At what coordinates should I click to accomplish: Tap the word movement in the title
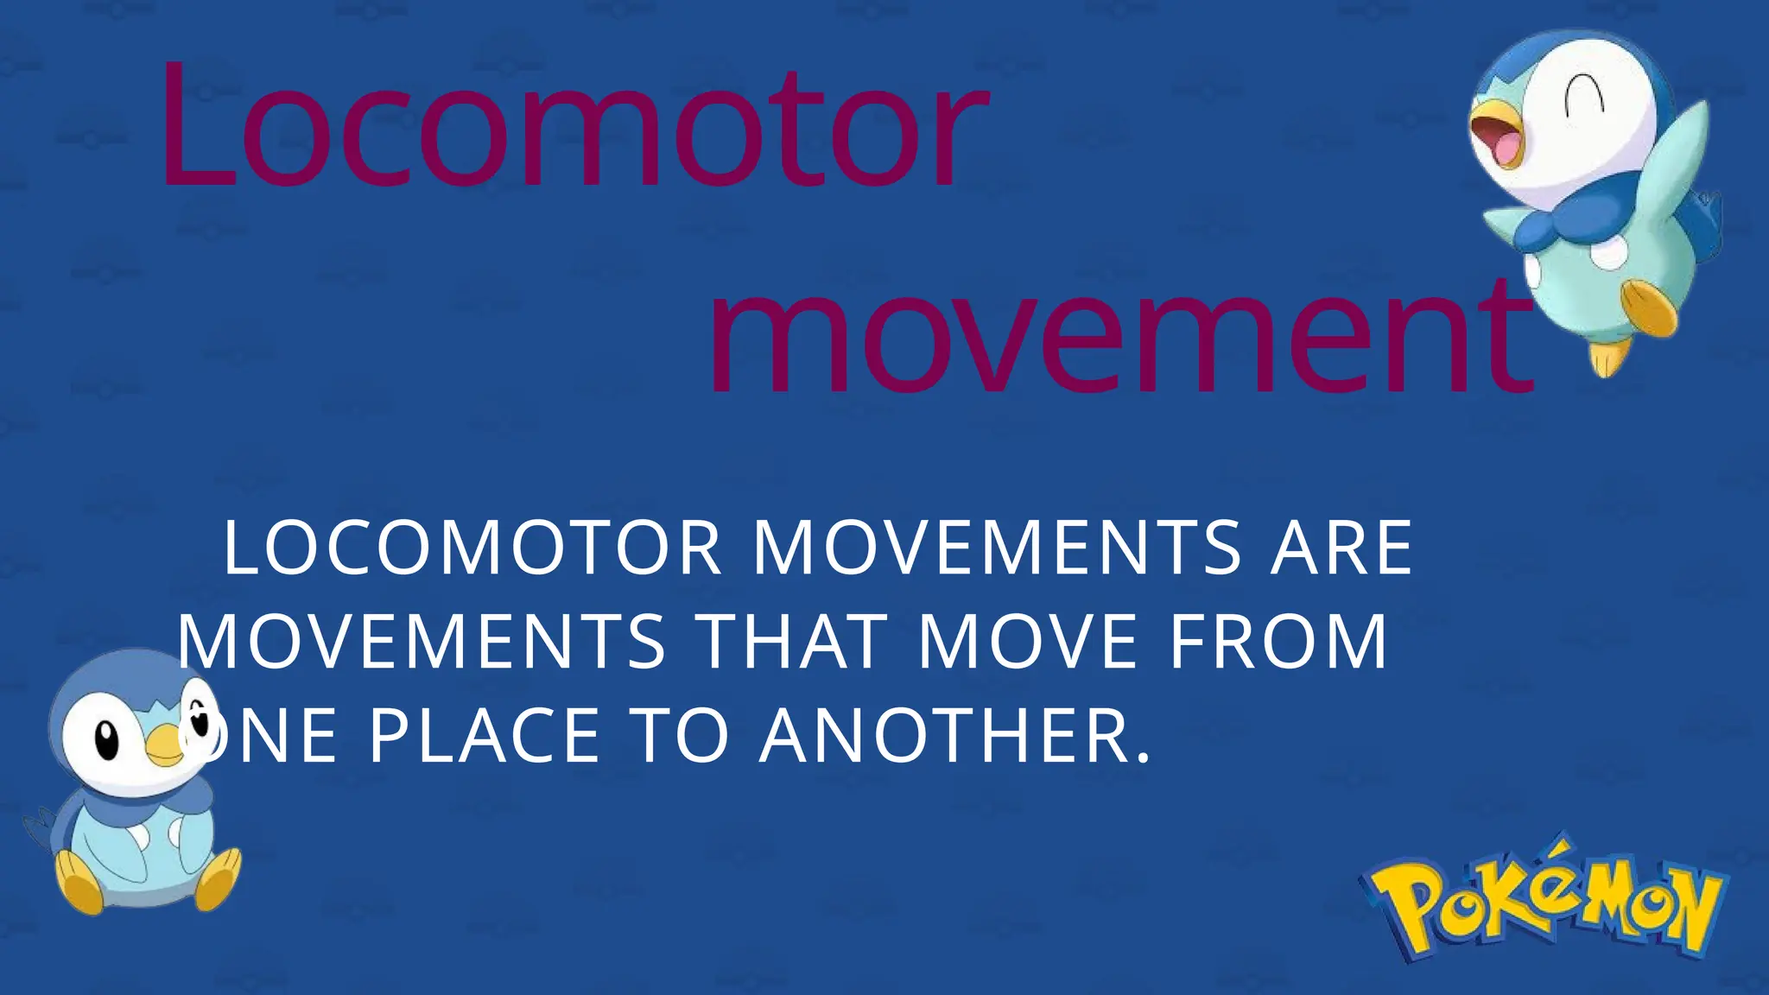[x=1119, y=341]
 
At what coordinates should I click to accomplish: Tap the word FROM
[x=1278, y=642]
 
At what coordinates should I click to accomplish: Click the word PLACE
[x=484, y=736]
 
